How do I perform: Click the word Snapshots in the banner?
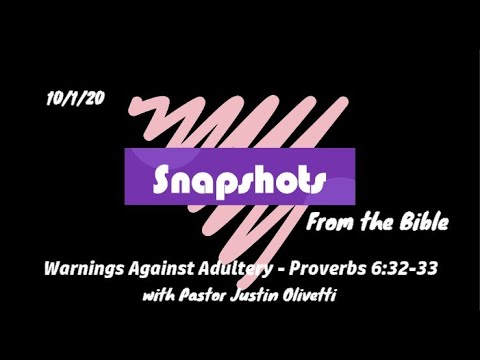(x=239, y=178)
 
